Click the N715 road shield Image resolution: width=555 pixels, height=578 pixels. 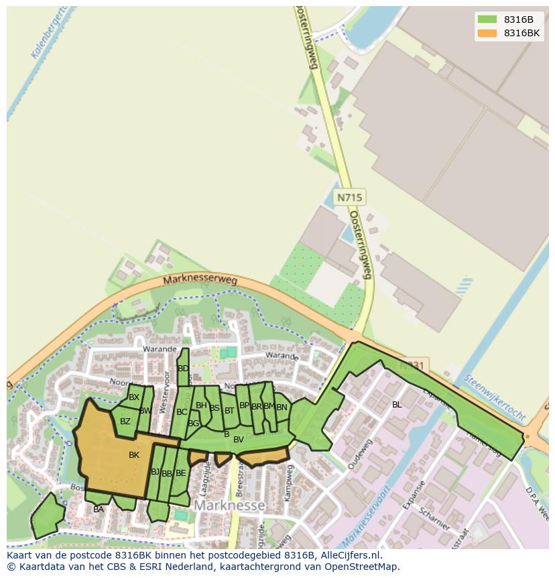point(349,197)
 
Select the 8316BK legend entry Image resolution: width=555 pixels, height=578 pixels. point(509,33)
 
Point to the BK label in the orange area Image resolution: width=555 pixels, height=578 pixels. point(134,455)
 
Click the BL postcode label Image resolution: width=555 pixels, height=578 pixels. point(397,405)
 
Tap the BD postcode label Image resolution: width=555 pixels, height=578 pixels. point(183,369)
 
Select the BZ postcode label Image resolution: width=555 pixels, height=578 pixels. point(125,422)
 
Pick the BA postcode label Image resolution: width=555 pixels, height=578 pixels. point(99,510)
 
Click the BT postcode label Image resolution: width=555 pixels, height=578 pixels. point(229,410)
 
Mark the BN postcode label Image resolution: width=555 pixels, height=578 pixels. point(282,407)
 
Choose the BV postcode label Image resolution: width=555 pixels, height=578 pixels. point(238,440)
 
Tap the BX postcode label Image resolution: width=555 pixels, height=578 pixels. point(134,397)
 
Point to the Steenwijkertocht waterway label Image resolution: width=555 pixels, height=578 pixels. point(495,398)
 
